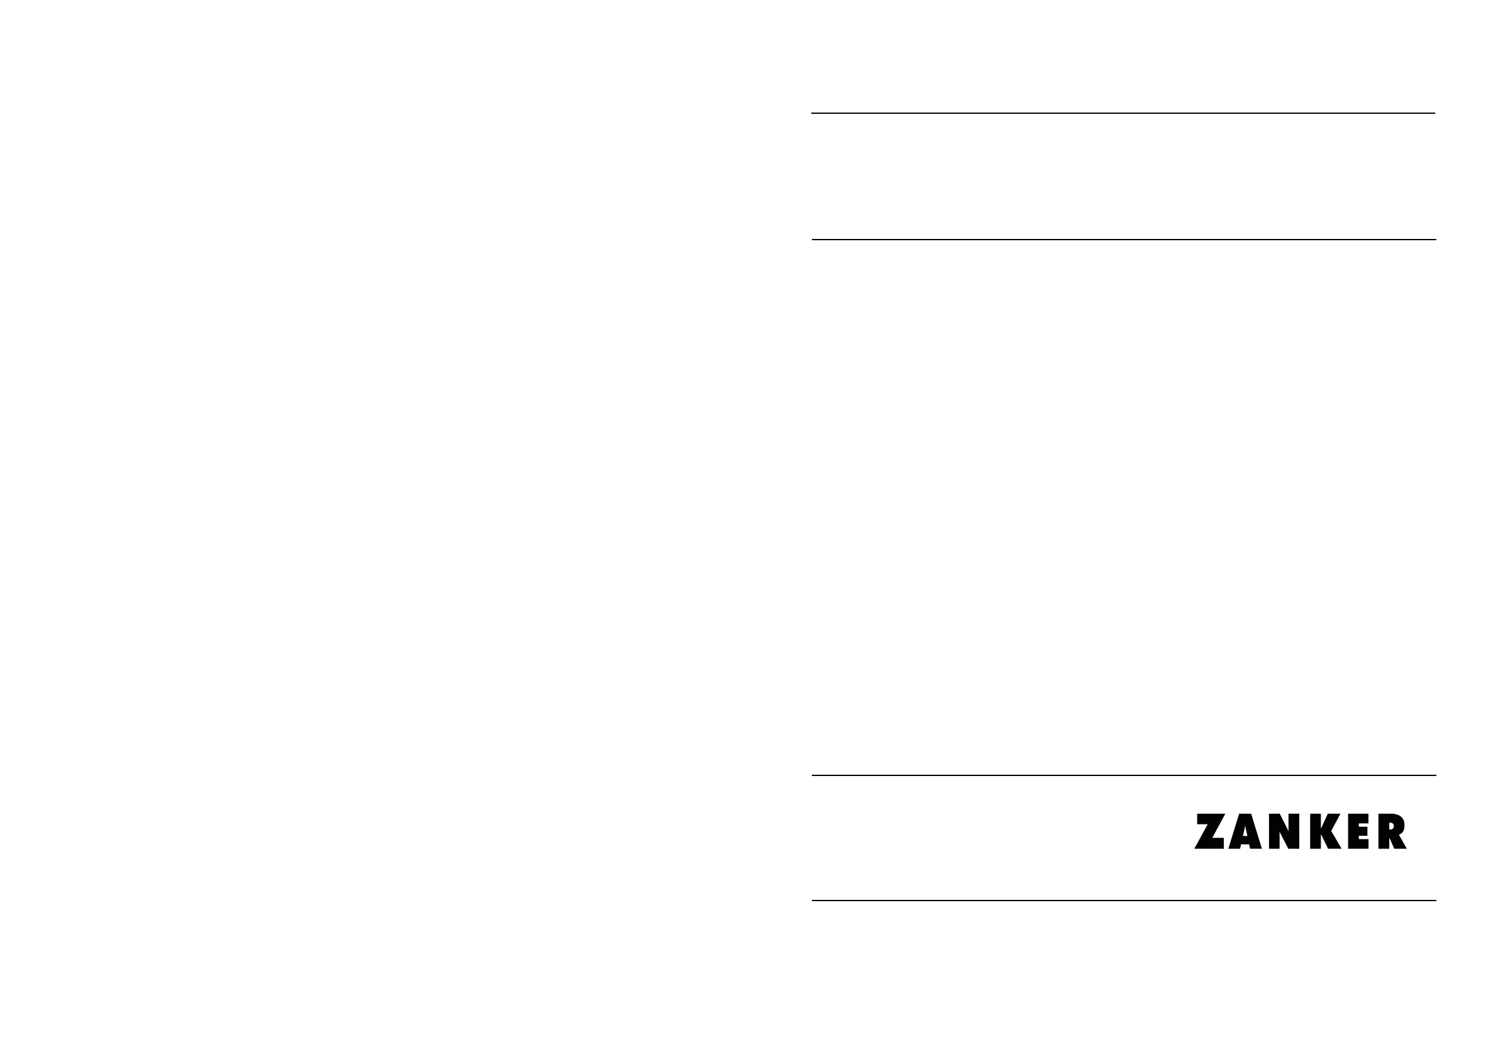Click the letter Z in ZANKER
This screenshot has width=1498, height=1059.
click(x=1209, y=831)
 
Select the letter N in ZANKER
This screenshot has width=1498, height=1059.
click(x=1284, y=831)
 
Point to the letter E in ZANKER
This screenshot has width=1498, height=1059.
click(x=1357, y=831)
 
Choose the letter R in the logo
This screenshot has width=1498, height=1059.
click(x=1391, y=831)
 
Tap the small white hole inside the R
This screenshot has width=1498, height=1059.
click(x=1391, y=826)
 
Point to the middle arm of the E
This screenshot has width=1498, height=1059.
click(x=1362, y=831)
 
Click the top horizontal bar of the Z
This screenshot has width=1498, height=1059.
click(x=1210, y=818)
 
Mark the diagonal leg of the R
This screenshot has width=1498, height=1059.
click(x=1400, y=841)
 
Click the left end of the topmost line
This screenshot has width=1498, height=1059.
click(x=813, y=113)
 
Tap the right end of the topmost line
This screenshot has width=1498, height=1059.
click(x=1433, y=113)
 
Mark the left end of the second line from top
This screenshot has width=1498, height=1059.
click(x=813, y=240)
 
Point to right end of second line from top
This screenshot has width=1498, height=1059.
click(x=1434, y=240)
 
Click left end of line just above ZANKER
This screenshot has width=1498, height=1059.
click(x=813, y=775)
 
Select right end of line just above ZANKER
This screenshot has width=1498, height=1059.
click(x=1434, y=775)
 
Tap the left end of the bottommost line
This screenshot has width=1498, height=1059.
click(x=813, y=901)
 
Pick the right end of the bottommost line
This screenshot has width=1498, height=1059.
click(x=1434, y=901)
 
